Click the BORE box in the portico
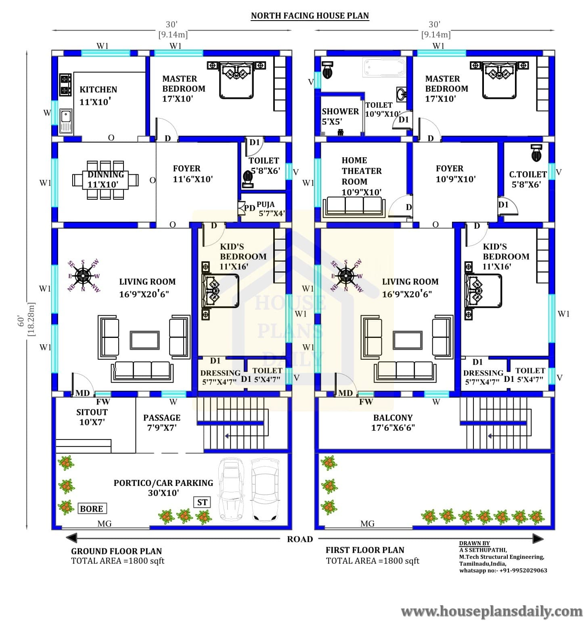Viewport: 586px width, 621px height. pos(92,508)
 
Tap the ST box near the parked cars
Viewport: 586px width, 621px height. pos(202,502)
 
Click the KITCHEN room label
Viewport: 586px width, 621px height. pos(98,90)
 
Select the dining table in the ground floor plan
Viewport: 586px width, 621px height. pos(106,179)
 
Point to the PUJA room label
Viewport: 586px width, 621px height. pos(266,204)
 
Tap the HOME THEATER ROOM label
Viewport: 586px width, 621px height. pos(362,171)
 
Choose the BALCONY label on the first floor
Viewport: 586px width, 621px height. pos(393,418)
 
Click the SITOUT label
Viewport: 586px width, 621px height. pos(92,412)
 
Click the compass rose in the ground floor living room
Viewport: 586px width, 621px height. pos(84,275)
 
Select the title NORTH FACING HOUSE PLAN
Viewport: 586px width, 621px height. pos(310,16)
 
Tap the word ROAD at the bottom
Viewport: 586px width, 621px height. pos(300,539)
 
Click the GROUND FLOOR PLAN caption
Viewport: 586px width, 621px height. pos(117,551)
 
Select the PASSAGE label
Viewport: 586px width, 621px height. pos(162,418)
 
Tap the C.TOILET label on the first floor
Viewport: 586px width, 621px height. pos(528,174)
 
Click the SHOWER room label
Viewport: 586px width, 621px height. pos(340,111)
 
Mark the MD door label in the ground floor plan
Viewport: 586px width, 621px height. pos(82,393)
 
